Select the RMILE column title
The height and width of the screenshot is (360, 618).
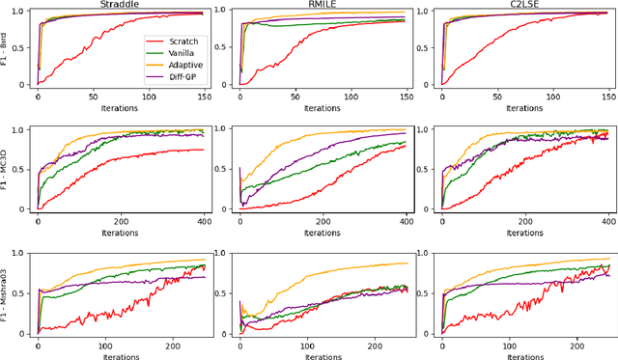coord(323,5)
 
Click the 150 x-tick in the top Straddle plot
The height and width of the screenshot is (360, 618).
coord(200,97)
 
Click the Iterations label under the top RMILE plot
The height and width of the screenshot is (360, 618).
coord(323,108)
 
